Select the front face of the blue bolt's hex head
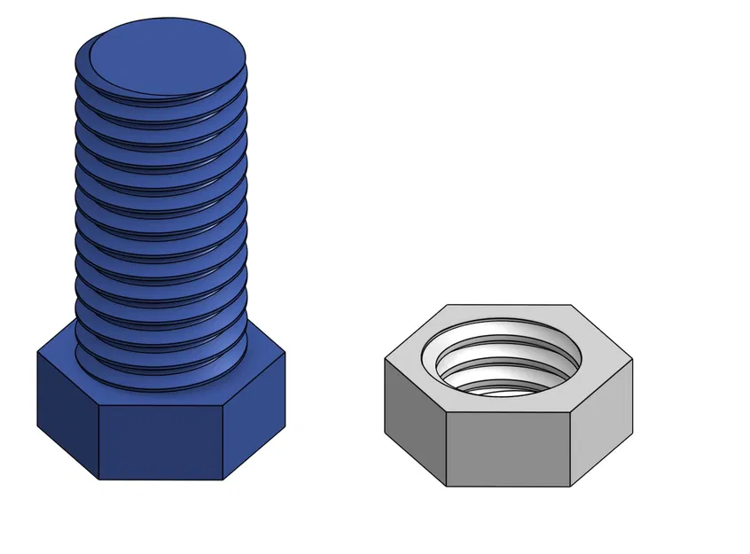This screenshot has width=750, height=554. click(160, 443)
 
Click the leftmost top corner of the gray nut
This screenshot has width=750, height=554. click(385, 359)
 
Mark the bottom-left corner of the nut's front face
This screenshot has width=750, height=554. click(446, 486)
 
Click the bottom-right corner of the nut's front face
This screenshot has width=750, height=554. click(569, 486)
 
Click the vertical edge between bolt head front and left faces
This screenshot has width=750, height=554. click(98, 443)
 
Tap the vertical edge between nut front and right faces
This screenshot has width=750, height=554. click(569, 449)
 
